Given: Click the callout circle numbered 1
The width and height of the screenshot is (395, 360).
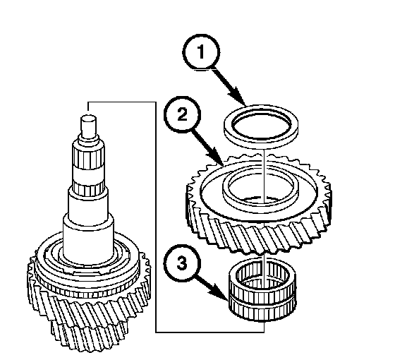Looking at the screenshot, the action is pos(201,52).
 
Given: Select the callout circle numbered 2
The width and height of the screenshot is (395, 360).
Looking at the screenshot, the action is pos(182,114).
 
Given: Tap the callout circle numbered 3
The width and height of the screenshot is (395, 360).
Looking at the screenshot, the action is pos(182,263).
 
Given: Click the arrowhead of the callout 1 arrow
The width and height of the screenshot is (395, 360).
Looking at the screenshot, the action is pos(238,97).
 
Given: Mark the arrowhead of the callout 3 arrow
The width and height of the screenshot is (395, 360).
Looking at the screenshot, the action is pos(219,292).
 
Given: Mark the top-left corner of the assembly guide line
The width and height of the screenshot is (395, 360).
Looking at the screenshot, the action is pos(88,102).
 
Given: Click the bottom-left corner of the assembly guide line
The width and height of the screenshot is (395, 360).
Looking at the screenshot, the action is pos(156,332).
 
